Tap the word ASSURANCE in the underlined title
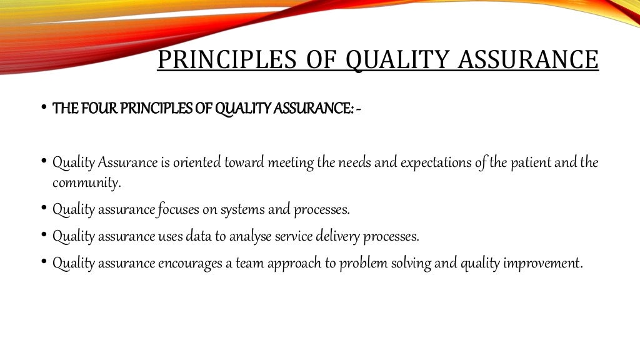528,60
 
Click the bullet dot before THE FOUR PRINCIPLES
44,107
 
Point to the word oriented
207,163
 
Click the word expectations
433,163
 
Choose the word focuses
178,210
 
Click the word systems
243,210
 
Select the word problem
362,263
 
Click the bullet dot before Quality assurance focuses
44,207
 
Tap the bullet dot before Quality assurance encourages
44,261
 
